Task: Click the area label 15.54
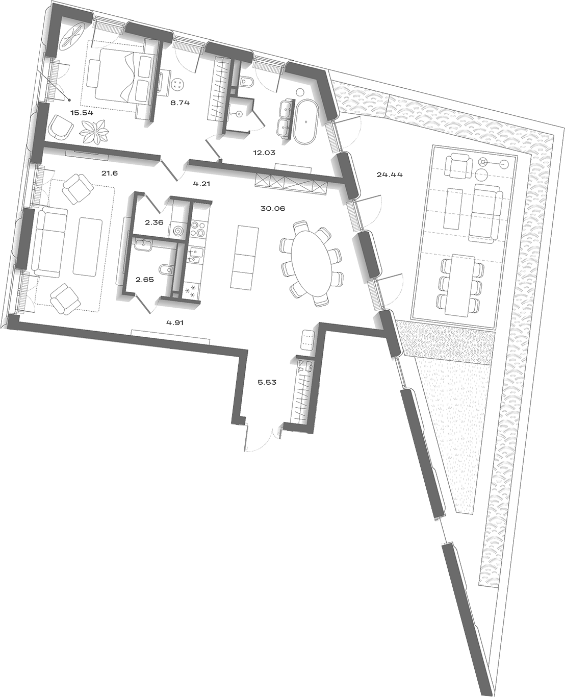click(x=82, y=113)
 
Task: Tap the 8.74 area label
click(x=180, y=103)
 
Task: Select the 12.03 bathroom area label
click(x=264, y=153)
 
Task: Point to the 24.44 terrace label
click(x=390, y=175)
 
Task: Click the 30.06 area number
click(x=273, y=209)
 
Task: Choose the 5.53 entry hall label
click(x=267, y=382)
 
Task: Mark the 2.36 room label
click(x=154, y=222)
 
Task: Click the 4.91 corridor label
click(x=175, y=322)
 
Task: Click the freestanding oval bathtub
click(x=306, y=121)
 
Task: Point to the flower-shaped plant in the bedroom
click(x=94, y=131)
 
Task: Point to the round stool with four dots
click(x=178, y=84)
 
